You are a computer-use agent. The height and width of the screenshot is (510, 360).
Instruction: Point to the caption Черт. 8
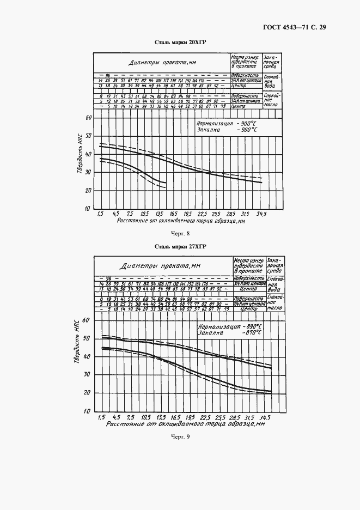coord(180,234)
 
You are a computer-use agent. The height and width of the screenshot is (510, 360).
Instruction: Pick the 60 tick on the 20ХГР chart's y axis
coord(88,118)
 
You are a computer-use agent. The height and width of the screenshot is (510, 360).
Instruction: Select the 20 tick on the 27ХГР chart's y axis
coord(88,392)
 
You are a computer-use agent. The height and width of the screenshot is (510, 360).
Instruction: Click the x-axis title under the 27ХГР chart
coord(185,423)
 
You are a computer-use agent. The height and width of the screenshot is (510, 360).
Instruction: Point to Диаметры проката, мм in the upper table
coord(162,63)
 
